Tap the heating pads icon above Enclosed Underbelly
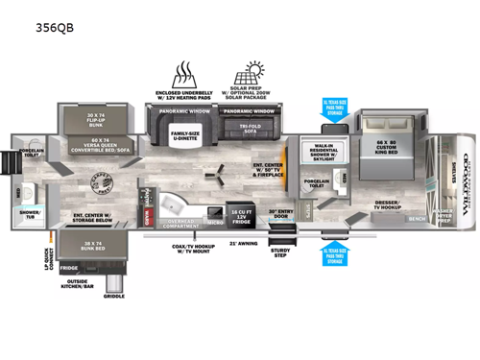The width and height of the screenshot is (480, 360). click(183, 75)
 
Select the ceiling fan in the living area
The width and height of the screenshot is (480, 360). click(219, 175)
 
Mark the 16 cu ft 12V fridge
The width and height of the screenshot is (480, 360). click(239, 213)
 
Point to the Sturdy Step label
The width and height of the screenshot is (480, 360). click(279, 254)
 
